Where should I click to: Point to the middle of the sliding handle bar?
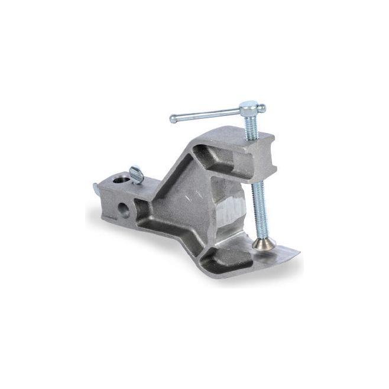[x=207, y=114]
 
